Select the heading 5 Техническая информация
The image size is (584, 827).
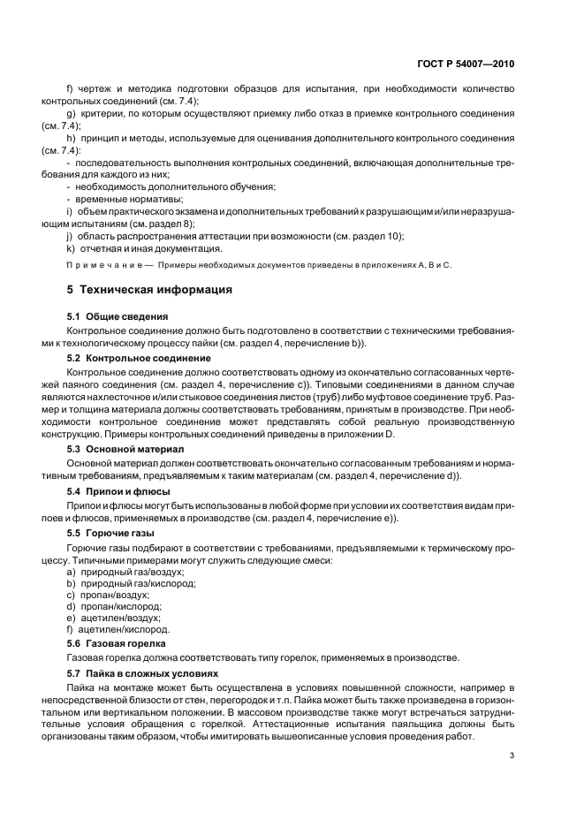click(x=150, y=289)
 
